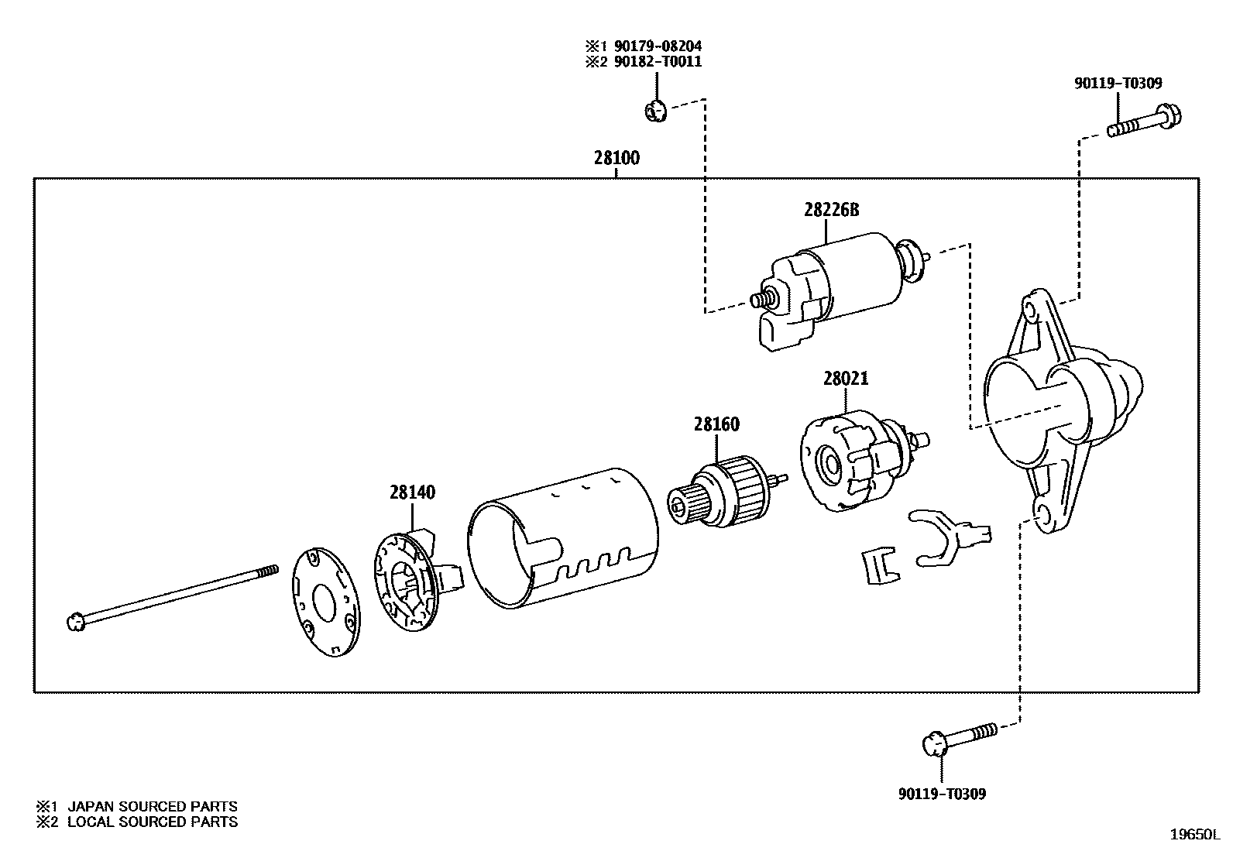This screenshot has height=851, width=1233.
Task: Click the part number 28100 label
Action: click(x=616, y=159)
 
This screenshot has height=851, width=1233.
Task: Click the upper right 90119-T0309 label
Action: click(x=1118, y=84)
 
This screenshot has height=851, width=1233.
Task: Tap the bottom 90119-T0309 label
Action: click(x=942, y=794)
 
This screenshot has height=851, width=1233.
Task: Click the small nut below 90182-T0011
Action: click(x=654, y=111)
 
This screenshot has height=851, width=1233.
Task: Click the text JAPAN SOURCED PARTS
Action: click(x=152, y=806)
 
